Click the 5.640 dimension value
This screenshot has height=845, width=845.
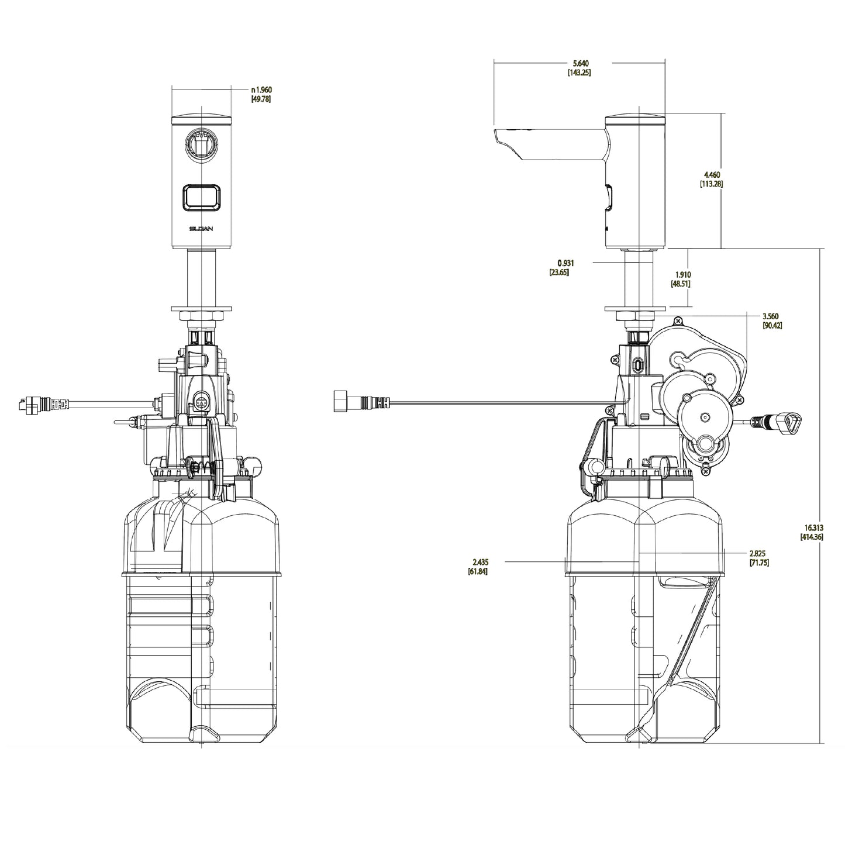click(x=581, y=63)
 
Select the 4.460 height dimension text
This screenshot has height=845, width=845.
click(x=712, y=175)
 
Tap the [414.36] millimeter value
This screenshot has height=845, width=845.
click(x=812, y=536)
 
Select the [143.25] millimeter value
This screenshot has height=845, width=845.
click(x=581, y=73)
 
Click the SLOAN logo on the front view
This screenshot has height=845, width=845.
click(x=202, y=229)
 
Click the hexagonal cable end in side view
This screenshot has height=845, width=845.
click(x=340, y=402)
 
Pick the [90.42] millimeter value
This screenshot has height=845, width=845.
click(x=773, y=325)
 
